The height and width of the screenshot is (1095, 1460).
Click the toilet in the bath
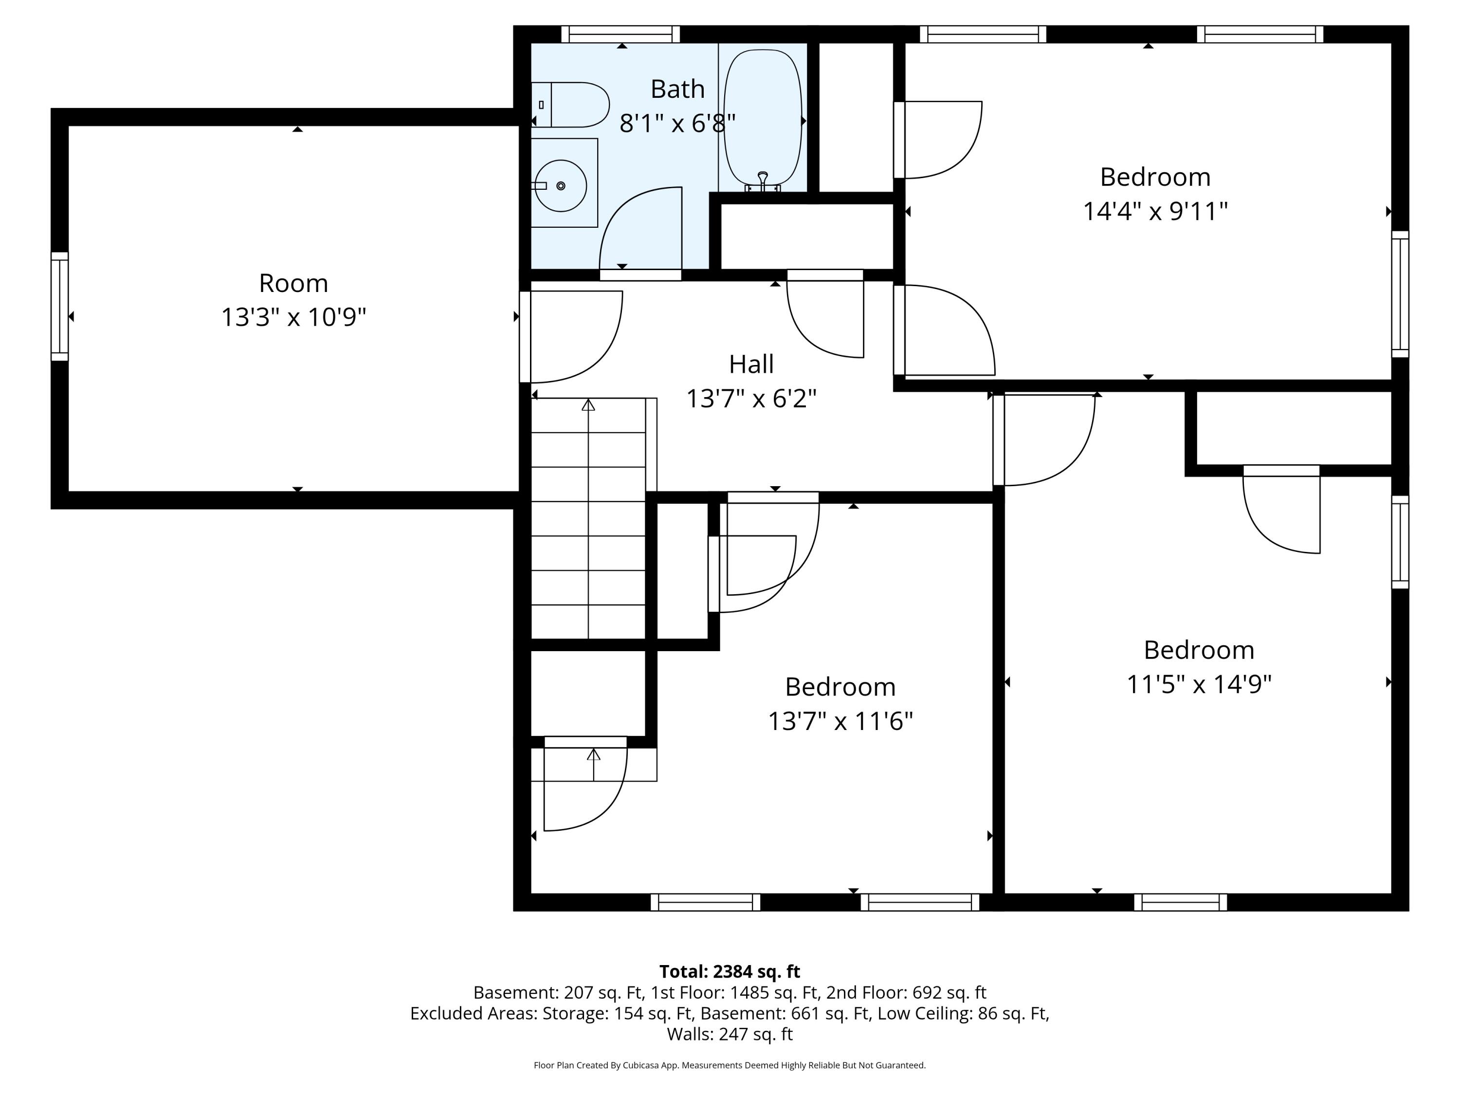pos(570,104)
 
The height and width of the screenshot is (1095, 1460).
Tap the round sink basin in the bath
pos(560,185)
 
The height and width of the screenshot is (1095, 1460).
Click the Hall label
pos(751,364)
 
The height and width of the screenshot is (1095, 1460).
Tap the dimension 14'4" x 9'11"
pos(1155,211)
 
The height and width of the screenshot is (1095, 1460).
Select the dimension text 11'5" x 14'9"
pos(1199,684)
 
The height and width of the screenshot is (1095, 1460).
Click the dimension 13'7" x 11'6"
pos(840,721)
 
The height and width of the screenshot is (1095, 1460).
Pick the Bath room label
pos(677,89)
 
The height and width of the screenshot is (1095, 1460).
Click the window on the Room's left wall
pos(59,306)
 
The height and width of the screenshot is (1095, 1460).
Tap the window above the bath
pos(620,35)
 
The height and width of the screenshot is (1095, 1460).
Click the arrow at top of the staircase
pos(588,404)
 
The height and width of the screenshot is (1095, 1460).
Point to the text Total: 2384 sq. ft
pos(730,971)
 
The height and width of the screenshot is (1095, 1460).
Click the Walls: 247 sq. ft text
pos(730,1034)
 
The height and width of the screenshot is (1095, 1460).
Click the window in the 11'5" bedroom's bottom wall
pos(1180,902)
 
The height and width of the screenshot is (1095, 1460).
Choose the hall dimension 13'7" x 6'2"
pos(751,399)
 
